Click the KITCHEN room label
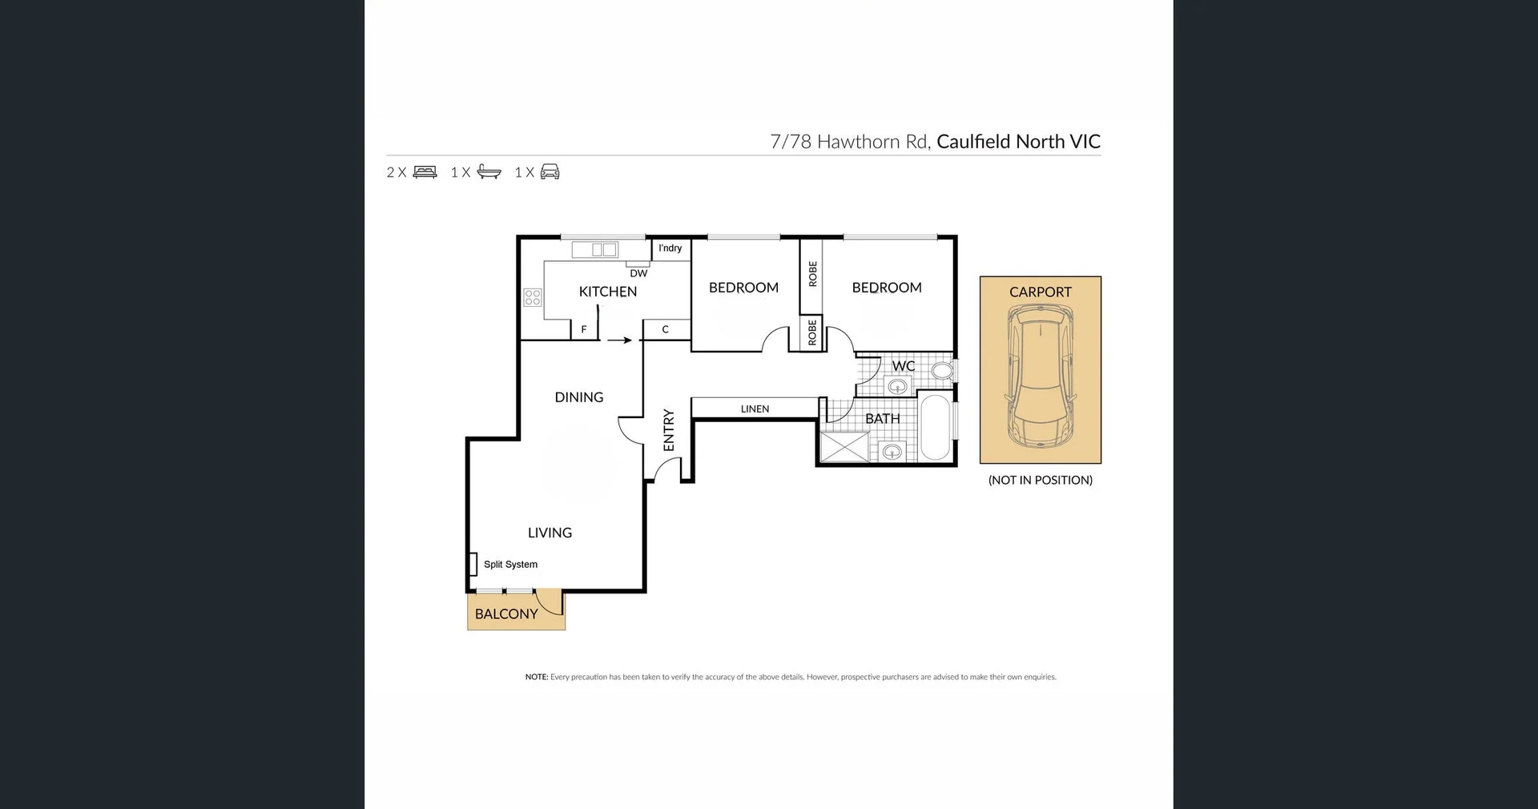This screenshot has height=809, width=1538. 607,292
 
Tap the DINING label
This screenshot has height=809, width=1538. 578,397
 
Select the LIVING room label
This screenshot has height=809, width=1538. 550,533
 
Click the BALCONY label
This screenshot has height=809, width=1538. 506,614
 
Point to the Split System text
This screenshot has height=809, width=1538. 510,565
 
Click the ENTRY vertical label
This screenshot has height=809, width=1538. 669,430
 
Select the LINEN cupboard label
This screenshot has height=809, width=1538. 755,409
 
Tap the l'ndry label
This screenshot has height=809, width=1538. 670,248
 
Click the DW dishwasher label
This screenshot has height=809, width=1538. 638,273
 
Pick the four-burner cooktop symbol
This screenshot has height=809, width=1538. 533,298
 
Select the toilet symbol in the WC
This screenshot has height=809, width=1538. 942,371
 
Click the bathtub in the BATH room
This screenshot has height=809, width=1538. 935,428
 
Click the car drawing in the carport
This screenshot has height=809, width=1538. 1040,378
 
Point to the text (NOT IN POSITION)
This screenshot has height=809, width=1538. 1040,481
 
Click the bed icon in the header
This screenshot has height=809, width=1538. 425,171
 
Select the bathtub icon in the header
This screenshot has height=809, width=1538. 489,171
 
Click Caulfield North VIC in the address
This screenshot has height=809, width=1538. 1018,142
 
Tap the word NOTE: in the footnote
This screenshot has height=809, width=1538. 536,677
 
